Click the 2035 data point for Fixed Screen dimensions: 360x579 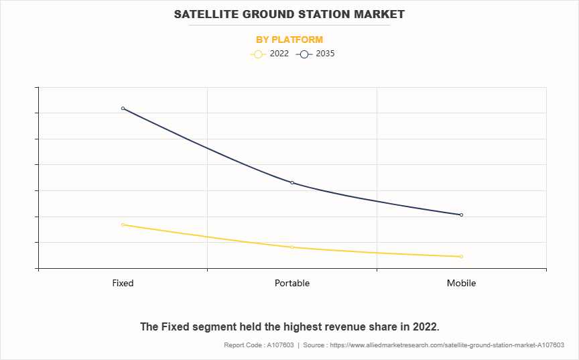click(123, 108)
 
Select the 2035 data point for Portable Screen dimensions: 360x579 click(292, 182)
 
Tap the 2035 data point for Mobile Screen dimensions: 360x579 click(461, 215)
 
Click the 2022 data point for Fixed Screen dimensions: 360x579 click(123, 225)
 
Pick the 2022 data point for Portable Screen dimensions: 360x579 click(292, 247)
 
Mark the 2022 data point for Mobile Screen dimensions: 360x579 click(461, 256)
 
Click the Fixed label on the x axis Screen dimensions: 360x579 click(123, 283)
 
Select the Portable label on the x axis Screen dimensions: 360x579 click(292, 283)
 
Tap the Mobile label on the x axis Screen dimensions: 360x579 click(461, 283)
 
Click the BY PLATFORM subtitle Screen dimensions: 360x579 click(289, 40)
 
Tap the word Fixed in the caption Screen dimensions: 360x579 click(174, 326)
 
